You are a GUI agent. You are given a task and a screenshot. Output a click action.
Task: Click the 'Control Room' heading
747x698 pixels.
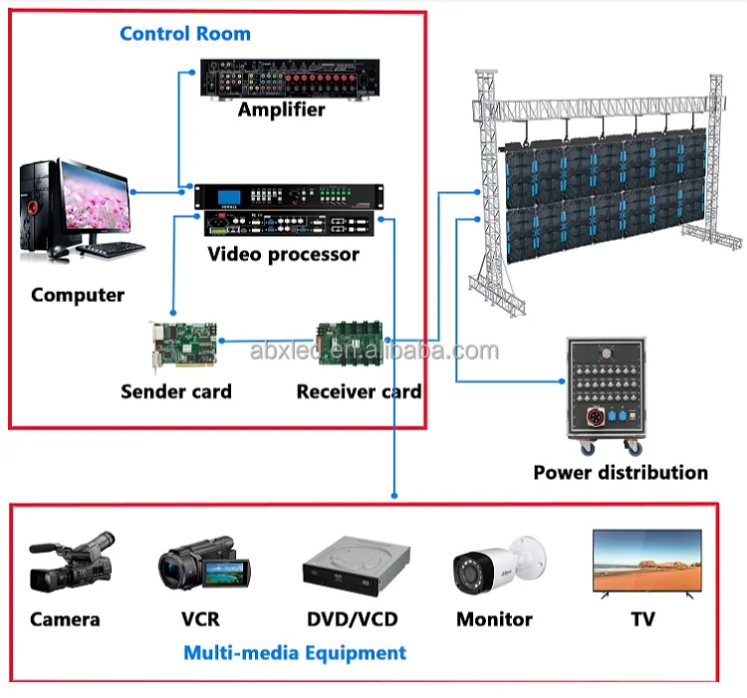pos(185,33)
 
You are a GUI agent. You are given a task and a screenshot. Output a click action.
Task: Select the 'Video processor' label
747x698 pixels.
pos(283,255)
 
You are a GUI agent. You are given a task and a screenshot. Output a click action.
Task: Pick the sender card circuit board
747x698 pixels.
pos(182,344)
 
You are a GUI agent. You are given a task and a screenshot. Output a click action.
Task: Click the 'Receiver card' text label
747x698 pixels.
pos(359,391)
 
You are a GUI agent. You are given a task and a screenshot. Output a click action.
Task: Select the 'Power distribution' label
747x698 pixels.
pos(621,472)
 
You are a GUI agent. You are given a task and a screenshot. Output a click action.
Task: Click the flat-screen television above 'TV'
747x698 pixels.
pos(645,564)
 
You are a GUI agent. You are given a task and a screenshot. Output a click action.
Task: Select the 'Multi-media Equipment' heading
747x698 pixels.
pos(295,653)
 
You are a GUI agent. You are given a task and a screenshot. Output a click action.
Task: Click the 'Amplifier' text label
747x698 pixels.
pos(281,110)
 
